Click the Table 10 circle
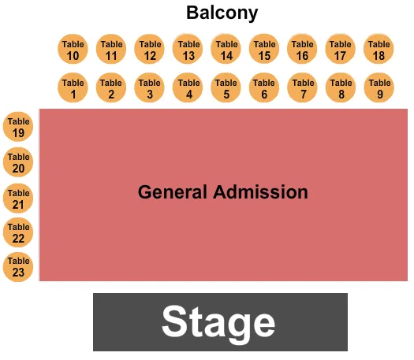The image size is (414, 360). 73,50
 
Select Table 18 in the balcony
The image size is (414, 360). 379,50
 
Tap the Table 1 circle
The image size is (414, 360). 73,88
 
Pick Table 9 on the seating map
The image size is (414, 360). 379,88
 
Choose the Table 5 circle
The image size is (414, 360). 226,88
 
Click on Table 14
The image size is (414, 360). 226,50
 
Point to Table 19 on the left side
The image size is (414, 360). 19,127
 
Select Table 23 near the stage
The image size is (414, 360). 19,266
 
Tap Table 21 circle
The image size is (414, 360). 19,199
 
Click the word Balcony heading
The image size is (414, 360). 222,13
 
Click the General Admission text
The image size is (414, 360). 222,192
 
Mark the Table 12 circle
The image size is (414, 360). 150,50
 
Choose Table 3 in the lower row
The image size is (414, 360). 150,88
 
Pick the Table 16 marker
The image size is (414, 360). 303,50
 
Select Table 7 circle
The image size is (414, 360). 303,88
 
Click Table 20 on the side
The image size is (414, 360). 19,162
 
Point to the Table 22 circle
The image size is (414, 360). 19,232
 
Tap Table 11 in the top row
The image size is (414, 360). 111,50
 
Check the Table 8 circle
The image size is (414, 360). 341,88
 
